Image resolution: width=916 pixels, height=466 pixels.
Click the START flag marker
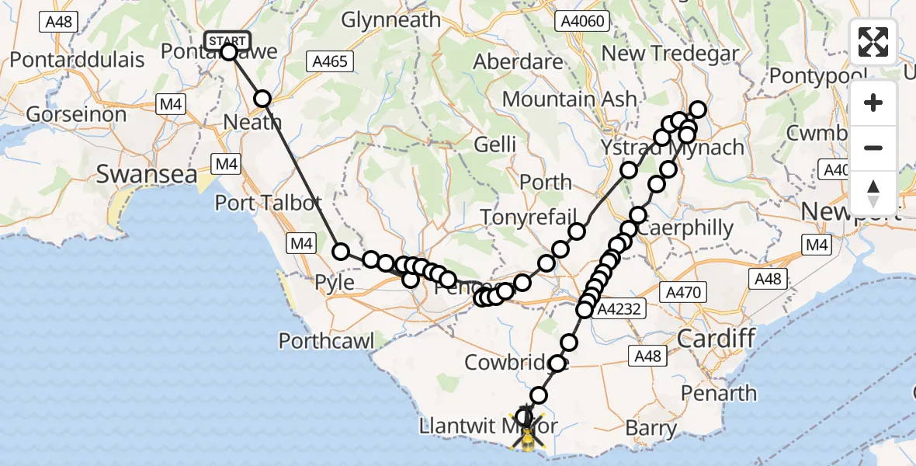(227, 40)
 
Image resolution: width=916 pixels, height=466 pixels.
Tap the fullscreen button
(873, 42)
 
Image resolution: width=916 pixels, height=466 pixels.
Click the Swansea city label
(147, 174)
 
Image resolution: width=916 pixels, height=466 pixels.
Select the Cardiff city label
(716, 338)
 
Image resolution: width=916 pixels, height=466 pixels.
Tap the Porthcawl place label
(326, 340)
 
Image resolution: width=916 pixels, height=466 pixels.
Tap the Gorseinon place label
(76, 115)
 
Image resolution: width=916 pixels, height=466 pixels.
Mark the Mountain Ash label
(569, 99)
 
